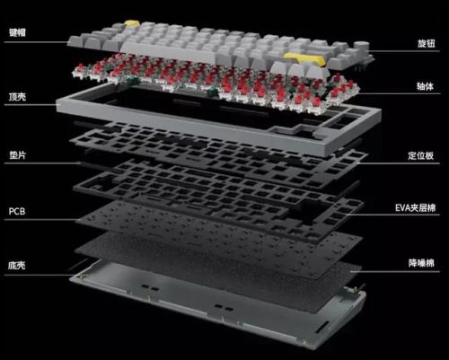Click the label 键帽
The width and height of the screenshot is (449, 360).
pyautogui.click(x=17, y=32)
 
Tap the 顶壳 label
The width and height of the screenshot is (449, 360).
pyautogui.click(x=17, y=97)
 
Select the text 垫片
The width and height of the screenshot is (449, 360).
pyautogui.click(x=17, y=155)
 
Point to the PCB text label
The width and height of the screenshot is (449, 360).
pyautogui.click(x=17, y=211)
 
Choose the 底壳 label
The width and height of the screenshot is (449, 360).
pyautogui.click(x=17, y=266)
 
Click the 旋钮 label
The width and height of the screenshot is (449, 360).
pyautogui.click(x=427, y=43)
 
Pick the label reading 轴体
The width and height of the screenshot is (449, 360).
pyautogui.click(x=425, y=86)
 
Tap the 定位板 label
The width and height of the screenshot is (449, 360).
pyautogui.click(x=421, y=155)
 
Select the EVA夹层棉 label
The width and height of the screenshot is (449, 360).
pyautogui.click(x=415, y=207)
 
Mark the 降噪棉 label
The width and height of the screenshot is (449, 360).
pyautogui.click(x=421, y=263)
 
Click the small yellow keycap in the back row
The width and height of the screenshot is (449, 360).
pyautogui.click(x=131, y=23)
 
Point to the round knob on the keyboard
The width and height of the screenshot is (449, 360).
pyautogui.click(x=361, y=48)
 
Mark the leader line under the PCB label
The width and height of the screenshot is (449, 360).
pyautogui.click(x=40, y=219)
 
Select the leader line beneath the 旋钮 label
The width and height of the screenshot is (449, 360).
pyautogui.click(x=405, y=51)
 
